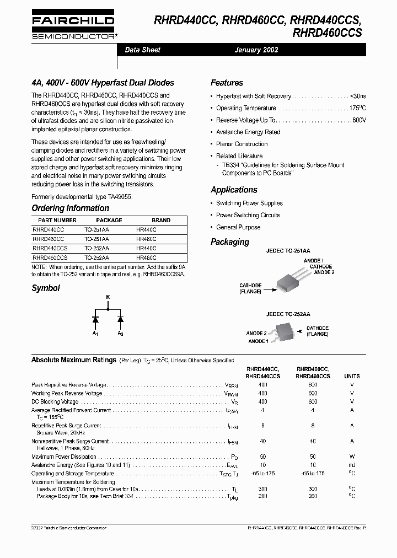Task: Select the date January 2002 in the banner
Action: click(x=256, y=50)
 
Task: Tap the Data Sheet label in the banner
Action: click(x=142, y=50)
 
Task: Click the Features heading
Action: click(x=227, y=83)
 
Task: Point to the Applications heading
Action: click(x=234, y=190)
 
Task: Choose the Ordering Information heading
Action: click(x=70, y=208)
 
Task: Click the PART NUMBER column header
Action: click(x=53, y=220)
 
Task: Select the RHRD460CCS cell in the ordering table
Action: click(x=50, y=257)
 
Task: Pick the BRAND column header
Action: click(x=161, y=220)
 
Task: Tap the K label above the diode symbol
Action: click(x=108, y=297)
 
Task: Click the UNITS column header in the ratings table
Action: click(x=352, y=375)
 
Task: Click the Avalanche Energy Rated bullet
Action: click(x=248, y=132)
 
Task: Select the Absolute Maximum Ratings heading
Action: click(x=74, y=360)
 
